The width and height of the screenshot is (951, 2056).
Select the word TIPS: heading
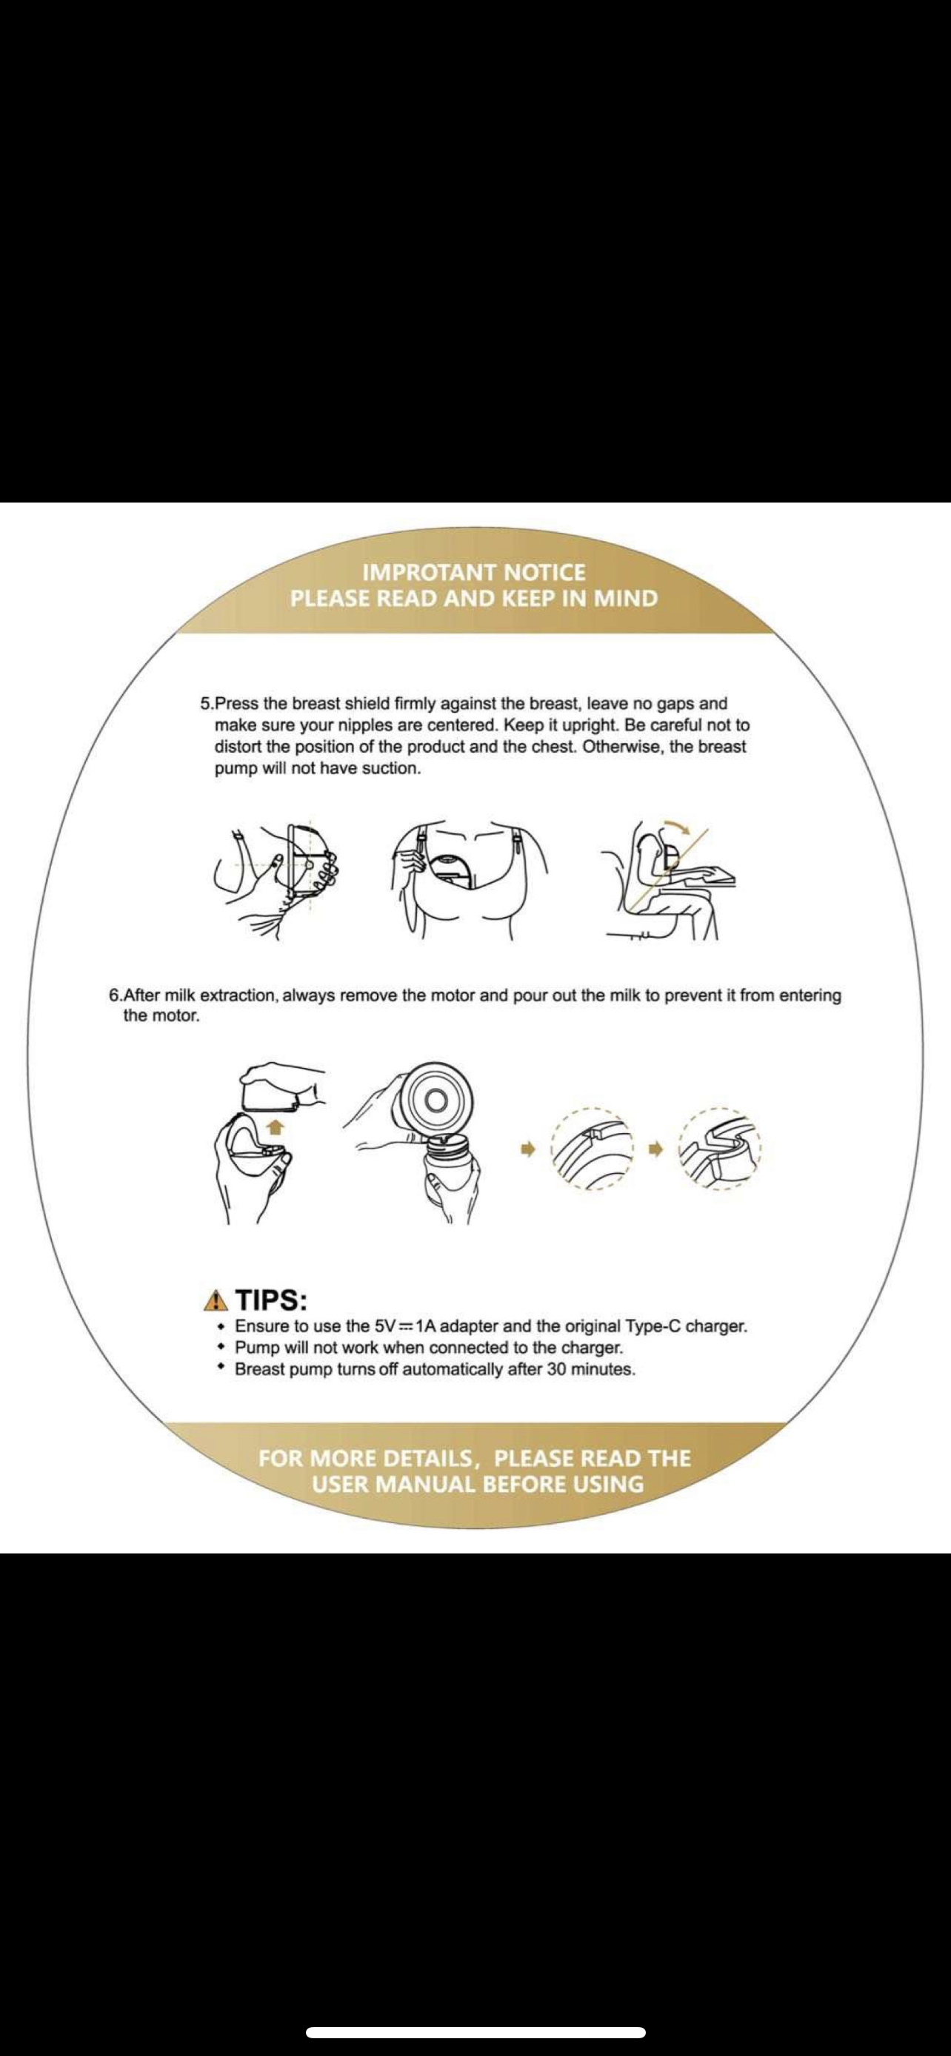point(273,1300)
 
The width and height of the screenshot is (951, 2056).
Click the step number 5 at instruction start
point(205,704)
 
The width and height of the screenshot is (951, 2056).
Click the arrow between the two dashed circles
point(657,1149)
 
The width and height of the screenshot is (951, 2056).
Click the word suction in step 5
point(390,769)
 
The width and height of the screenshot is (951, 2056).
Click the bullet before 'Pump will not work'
point(221,1346)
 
